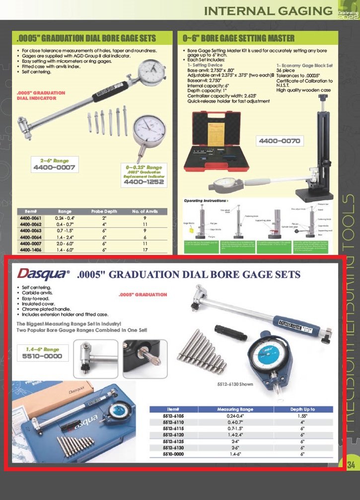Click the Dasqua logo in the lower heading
[43, 273]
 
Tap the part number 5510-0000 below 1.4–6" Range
[44, 357]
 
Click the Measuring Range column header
[235, 409]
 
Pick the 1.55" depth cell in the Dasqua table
[302, 416]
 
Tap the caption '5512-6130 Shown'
[236, 384]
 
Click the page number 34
[351, 465]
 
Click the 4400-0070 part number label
[279, 141]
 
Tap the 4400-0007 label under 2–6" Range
[54, 167]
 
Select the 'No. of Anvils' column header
[145, 211]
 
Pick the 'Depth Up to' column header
[302, 409]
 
